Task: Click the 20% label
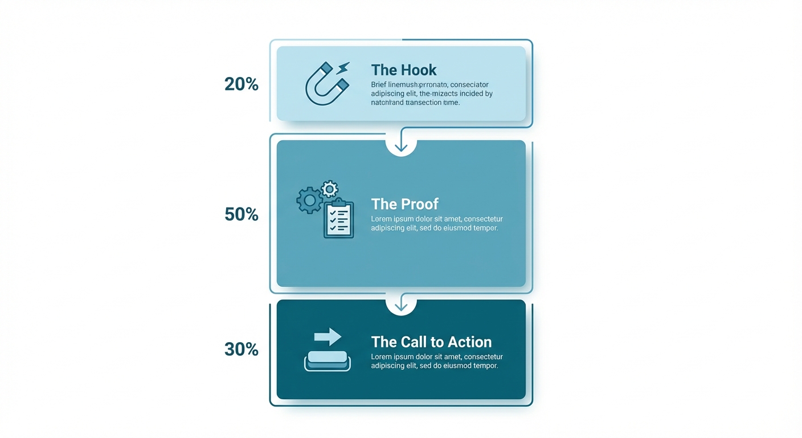(x=242, y=84)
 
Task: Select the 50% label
(x=242, y=214)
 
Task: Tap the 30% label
(x=242, y=349)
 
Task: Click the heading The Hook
(x=403, y=70)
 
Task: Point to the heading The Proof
(x=404, y=204)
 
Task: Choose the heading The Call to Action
(x=431, y=342)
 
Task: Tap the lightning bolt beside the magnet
(x=343, y=69)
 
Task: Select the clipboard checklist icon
(x=338, y=219)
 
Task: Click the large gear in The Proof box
(x=309, y=200)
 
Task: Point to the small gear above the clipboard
(x=329, y=189)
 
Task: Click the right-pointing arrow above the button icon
(x=328, y=336)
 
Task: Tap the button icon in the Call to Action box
(x=328, y=360)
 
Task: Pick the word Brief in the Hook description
(x=378, y=85)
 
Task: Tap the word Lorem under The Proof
(x=381, y=219)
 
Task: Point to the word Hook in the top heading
(x=419, y=70)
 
